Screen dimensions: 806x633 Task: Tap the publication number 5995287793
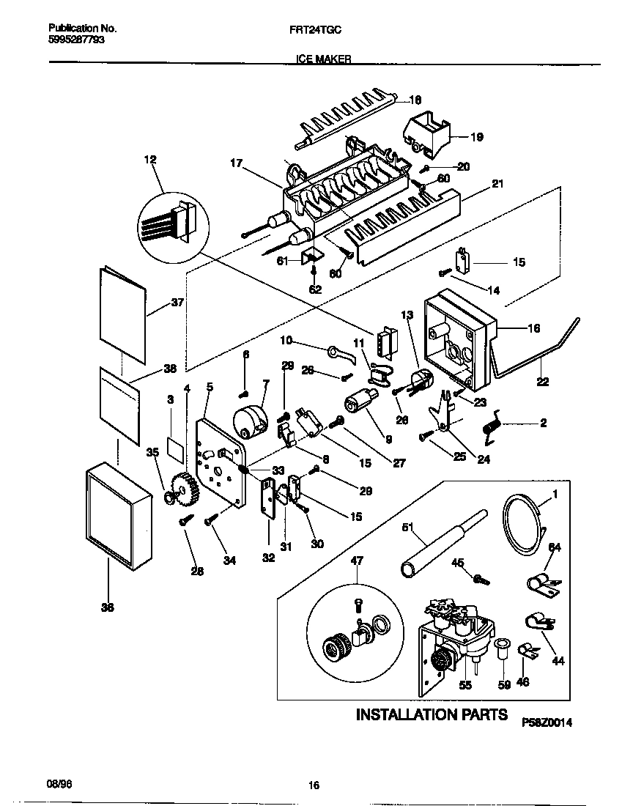point(75,40)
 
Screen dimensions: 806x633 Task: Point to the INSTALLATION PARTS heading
point(431,714)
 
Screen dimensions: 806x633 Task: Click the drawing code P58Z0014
point(547,722)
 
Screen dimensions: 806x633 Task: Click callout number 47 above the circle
point(357,561)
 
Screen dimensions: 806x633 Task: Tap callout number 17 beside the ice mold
point(237,165)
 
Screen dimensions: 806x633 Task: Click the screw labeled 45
point(481,579)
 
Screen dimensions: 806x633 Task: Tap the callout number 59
point(503,687)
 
